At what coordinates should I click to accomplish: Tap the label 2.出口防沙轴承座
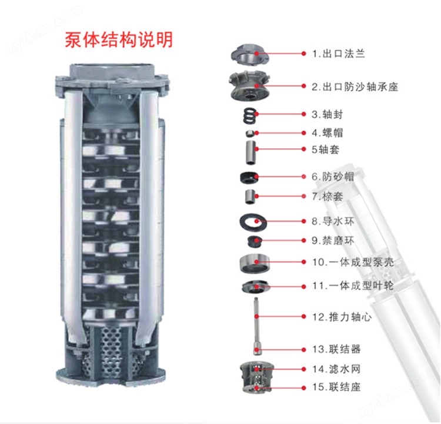click(x=355, y=87)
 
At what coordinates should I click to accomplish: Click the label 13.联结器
click(x=336, y=349)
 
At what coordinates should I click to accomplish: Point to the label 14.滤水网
click(x=336, y=369)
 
